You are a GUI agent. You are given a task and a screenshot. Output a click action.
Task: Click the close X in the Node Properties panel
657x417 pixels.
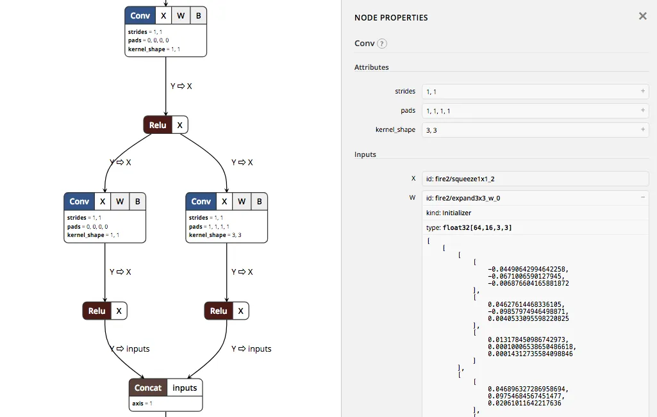(642, 16)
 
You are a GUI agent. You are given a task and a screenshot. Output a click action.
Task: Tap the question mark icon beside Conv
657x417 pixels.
(382, 44)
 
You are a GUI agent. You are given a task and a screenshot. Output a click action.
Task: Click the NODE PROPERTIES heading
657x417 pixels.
(391, 18)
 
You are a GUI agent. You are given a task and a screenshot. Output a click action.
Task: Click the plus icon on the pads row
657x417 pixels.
(643, 110)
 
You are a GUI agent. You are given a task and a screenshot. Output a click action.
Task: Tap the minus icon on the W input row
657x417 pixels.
(643, 197)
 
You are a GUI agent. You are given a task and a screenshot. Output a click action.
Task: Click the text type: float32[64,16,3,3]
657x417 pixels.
(469, 227)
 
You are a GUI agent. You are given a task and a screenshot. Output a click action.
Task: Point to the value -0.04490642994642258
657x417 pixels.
(528, 269)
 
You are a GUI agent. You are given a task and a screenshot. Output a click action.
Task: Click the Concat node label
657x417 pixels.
(148, 388)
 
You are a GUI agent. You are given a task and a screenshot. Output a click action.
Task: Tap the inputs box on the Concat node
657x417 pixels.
(185, 388)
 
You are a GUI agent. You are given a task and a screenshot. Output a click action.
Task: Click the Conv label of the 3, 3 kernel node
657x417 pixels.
(201, 201)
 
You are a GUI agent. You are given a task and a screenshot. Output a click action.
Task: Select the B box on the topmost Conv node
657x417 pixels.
(199, 15)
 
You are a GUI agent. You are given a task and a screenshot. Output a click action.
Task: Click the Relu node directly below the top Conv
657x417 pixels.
(158, 125)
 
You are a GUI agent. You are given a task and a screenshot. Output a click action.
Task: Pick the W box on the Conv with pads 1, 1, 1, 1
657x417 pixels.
(242, 201)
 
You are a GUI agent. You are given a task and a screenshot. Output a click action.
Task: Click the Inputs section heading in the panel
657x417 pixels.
(365, 154)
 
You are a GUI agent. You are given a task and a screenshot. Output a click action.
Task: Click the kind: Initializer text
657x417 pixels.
(449, 213)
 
